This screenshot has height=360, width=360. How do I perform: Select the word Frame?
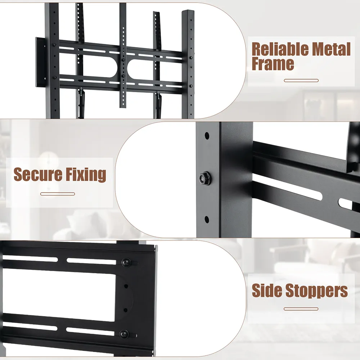(273, 64)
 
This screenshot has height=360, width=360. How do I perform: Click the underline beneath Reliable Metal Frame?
(301, 80)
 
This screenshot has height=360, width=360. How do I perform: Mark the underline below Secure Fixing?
(58, 194)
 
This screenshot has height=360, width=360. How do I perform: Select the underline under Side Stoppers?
(301, 309)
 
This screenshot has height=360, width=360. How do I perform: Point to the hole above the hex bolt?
(207, 136)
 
